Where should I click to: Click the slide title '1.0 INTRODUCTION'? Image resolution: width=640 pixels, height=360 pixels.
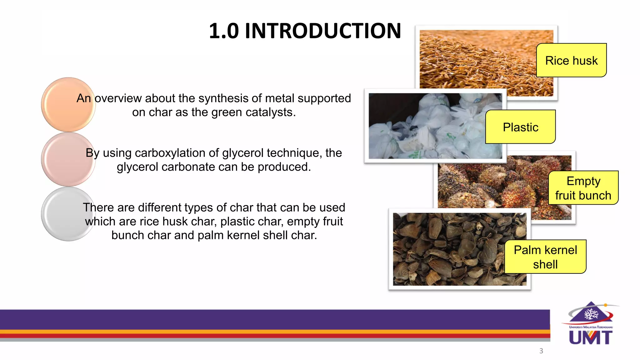pos(305,31)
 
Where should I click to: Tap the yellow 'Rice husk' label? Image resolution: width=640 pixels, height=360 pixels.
pos(571,60)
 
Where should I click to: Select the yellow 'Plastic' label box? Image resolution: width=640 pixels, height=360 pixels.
pos(520,127)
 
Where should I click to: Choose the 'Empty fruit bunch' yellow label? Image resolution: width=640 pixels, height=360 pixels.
pos(583,188)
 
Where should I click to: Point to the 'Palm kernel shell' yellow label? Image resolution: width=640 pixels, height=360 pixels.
pos(545,257)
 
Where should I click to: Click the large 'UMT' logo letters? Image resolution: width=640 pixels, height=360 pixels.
pos(591,338)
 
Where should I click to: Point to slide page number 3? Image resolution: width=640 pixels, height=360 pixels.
pos(541,351)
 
